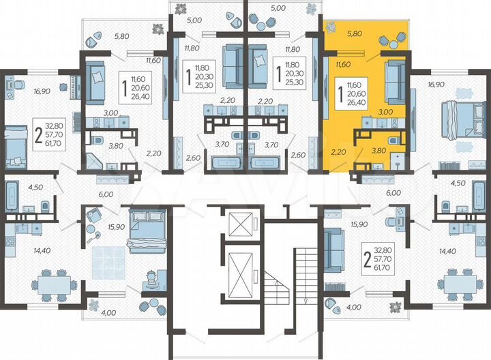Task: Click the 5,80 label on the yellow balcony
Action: [x=355, y=32]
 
